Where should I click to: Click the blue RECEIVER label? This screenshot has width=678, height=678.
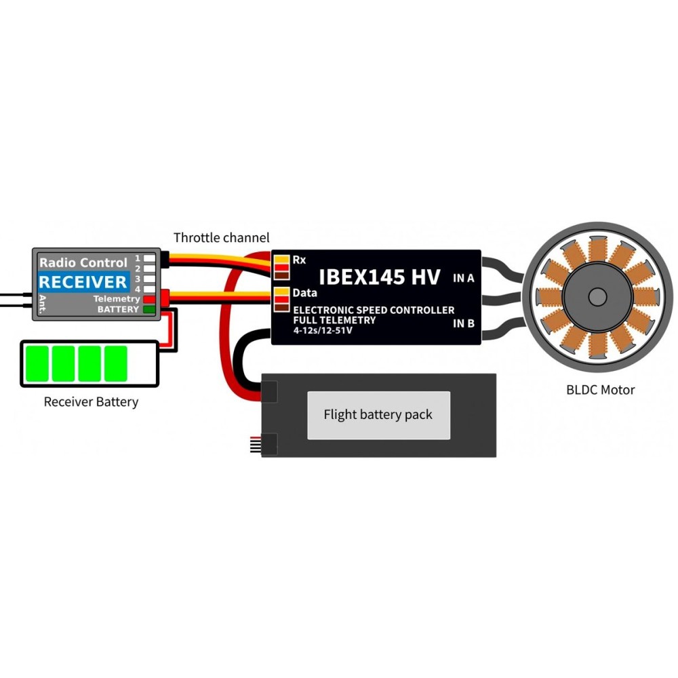[83, 282]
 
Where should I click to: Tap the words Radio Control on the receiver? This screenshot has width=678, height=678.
[83, 262]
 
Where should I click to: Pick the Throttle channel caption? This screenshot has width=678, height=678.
[222, 238]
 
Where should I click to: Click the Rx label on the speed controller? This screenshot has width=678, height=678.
[299, 260]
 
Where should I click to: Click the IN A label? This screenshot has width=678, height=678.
[463, 277]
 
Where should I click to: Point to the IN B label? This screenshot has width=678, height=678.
[463, 323]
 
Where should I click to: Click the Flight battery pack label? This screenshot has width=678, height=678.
[378, 414]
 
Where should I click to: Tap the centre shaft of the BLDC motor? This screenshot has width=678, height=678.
[597, 296]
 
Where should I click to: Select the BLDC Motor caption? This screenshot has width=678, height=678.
[601, 390]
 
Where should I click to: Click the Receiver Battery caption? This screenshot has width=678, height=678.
[91, 402]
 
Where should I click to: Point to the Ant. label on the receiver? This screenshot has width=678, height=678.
[42, 301]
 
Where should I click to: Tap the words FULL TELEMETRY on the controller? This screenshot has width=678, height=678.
[334, 319]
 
